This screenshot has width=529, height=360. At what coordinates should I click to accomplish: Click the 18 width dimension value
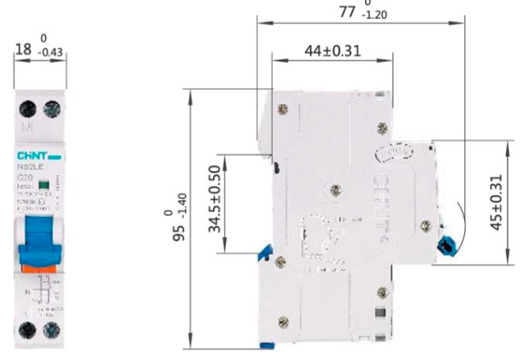pyautogui.click(x=24, y=50)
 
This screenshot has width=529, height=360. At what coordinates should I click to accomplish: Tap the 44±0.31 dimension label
pyautogui.click(x=333, y=50)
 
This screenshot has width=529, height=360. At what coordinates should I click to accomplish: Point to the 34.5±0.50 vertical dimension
pyautogui.click(x=214, y=201)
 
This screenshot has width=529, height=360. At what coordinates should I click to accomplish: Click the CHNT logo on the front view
pyautogui.click(x=37, y=155)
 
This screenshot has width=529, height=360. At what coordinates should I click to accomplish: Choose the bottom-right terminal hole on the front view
pyautogui.click(x=52, y=331)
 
